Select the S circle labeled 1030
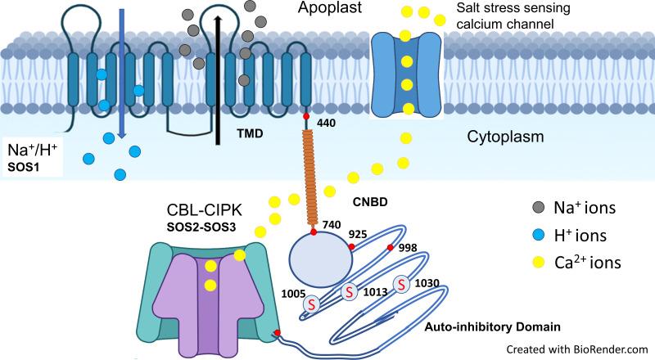click(x=402, y=283)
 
